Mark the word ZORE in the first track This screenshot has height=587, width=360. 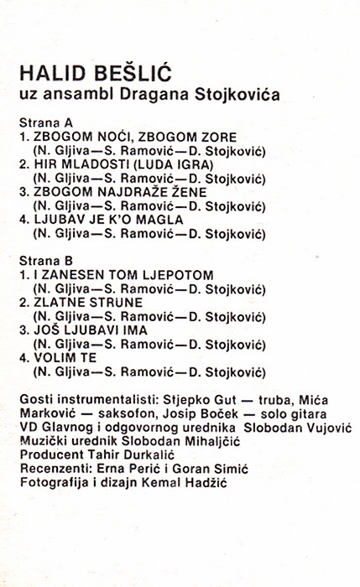(216, 137)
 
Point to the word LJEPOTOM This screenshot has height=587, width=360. (181, 274)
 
